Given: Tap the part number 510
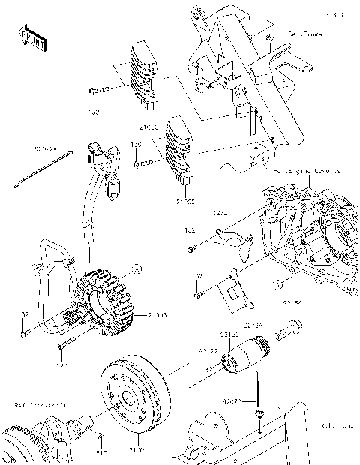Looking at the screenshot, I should click(x=103, y=451).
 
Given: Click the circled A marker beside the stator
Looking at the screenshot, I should click(x=135, y=268).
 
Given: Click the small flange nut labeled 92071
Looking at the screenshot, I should click(x=257, y=413).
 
